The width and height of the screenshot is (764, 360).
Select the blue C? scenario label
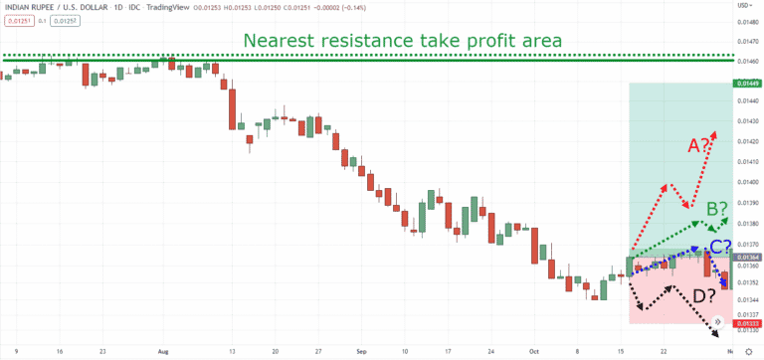coord(720,247)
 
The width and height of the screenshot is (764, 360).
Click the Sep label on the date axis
coord(361,351)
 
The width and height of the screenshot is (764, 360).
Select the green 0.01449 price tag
coord(747,84)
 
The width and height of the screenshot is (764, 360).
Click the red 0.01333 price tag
coord(747,323)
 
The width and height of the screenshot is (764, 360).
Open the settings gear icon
coord(747,351)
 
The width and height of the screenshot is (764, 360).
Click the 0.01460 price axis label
coord(747,61)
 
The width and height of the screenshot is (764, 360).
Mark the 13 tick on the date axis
coord(231,351)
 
